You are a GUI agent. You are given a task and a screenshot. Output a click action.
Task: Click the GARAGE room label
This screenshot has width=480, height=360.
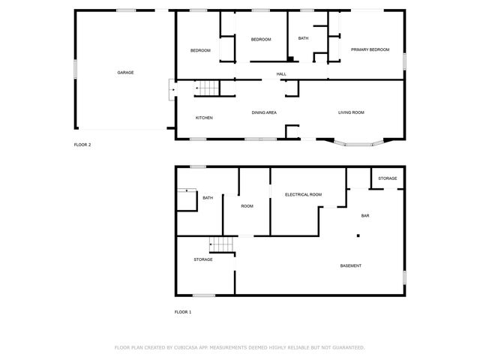pyautogui.click(x=125, y=73)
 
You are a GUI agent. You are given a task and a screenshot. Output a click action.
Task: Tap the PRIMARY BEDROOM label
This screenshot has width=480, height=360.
pyautogui.click(x=370, y=49)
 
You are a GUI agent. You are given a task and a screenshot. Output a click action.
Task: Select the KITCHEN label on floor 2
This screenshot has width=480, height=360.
pyautogui.click(x=204, y=118)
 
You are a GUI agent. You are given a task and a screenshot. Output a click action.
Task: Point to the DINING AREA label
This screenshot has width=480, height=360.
pyautogui.click(x=264, y=112)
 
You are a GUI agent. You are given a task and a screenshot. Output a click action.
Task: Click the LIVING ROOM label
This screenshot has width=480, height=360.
pyautogui.click(x=351, y=112)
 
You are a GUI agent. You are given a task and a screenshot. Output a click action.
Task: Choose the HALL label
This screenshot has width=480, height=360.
pyautogui.click(x=281, y=73)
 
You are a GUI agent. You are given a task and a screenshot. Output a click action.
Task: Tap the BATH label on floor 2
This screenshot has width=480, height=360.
pyautogui.click(x=303, y=38)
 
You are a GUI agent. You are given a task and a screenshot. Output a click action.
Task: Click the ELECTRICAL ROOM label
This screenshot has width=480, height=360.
pyautogui.click(x=303, y=194)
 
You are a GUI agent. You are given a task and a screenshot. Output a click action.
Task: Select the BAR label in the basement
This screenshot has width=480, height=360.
pyautogui.click(x=365, y=216)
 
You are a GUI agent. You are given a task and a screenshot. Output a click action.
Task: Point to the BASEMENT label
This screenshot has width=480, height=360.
pyautogui.click(x=351, y=266)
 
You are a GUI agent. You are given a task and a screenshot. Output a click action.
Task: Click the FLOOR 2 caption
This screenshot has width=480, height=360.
pyautogui.click(x=82, y=145)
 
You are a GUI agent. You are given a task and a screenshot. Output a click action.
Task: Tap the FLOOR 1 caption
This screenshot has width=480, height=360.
pyautogui.click(x=183, y=311)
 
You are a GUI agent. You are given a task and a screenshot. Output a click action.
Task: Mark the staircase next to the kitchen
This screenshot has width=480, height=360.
pyautogui.click(x=206, y=89)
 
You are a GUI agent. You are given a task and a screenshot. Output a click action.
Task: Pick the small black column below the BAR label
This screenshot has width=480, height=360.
pyautogui.click(x=358, y=235)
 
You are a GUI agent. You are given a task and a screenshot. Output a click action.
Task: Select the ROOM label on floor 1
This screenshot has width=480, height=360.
pyautogui.click(x=247, y=205)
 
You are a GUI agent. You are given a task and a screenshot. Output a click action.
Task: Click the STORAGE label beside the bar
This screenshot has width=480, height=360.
pyautogui.click(x=387, y=178)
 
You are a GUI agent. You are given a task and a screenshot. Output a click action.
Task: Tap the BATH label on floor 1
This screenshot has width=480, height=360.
pyautogui.click(x=208, y=198)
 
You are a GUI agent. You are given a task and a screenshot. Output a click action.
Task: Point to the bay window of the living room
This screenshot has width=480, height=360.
pyautogui.click(x=358, y=142)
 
